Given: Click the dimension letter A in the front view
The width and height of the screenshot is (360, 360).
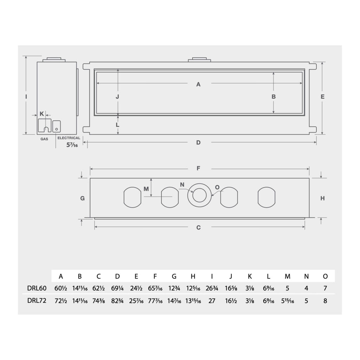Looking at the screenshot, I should click(x=198, y=84).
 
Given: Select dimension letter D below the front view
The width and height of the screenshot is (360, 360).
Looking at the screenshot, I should click(x=198, y=142).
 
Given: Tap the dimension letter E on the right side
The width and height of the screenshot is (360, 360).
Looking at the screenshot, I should click(x=322, y=97).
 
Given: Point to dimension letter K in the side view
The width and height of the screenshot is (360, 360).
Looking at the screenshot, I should click(x=42, y=114).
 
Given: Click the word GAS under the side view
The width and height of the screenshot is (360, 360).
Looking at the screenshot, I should click(x=44, y=139).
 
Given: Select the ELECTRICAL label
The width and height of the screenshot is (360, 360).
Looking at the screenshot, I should click(x=69, y=138).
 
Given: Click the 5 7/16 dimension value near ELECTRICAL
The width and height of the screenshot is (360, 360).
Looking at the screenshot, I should click(x=72, y=144).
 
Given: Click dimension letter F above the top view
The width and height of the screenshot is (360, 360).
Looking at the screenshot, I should click(x=198, y=168).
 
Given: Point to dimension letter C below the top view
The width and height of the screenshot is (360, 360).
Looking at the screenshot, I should click(x=198, y=227).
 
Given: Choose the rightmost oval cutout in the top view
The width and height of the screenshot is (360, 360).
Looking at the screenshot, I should click(x=266, y=197).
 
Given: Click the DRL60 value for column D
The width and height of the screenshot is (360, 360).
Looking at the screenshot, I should click(x=117, y=288).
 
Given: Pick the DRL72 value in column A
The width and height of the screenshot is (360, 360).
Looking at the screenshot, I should click(x=61, y=301).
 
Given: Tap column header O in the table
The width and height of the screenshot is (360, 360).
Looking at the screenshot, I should click(x=325, y=276).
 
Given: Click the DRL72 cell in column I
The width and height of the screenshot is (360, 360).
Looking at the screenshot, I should click(x=212, y=301).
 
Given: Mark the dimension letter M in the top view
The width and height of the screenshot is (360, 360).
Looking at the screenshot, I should click(x=146, y=189).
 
